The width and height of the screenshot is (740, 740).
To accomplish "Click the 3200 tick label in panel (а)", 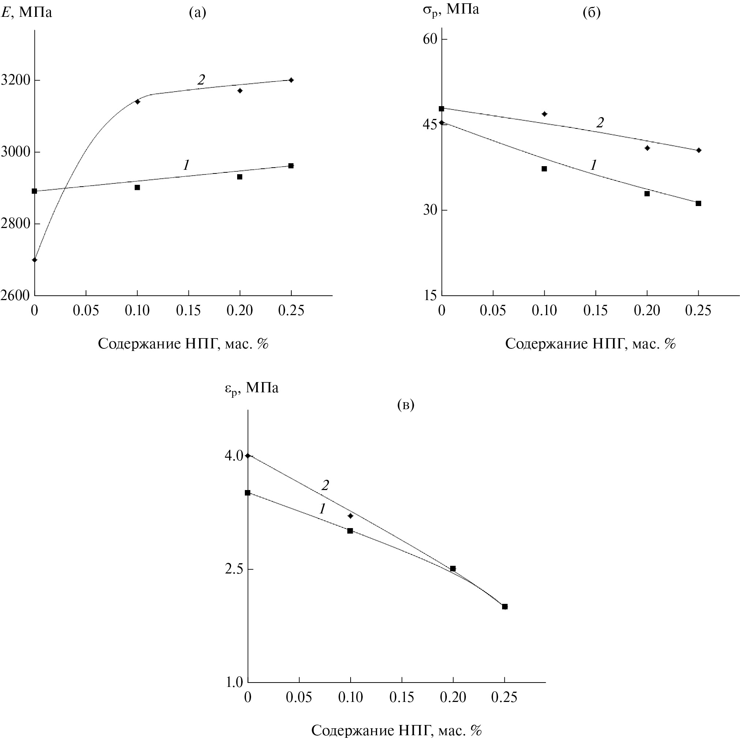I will [x=15, y=81].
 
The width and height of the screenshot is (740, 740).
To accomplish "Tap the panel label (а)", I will [x=198, y=13].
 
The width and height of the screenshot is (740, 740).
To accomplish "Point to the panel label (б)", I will [x=591, y=13].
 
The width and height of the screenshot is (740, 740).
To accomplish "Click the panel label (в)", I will [x=405, y=404].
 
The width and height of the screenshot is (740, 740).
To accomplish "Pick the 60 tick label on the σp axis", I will [x=430, y=39].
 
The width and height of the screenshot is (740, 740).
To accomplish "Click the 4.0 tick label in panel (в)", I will [x=234, y=456].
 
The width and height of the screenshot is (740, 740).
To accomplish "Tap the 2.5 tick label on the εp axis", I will [x=234, y=569].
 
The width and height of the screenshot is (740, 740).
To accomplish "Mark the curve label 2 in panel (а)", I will [x=201, y=80].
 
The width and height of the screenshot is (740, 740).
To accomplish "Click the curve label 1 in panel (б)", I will [x=593, y=165].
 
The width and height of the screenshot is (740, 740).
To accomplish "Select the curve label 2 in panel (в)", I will [x=325, y=485].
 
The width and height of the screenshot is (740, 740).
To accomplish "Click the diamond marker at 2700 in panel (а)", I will [x=34, y=260].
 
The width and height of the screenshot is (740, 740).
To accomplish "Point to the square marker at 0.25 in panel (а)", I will [x=291, y=166].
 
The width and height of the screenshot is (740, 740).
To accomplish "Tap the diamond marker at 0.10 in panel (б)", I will [x=545, y=114].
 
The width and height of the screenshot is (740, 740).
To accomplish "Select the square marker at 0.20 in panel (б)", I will [x=647, y=194].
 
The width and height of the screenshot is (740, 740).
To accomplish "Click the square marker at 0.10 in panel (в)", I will [x=350, y=531].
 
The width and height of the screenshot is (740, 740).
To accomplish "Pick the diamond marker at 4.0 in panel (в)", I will [x=248, y=456].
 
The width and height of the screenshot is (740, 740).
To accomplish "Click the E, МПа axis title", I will [x=26, y=13].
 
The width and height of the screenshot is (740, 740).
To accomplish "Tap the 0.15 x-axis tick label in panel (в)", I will [x=401, y=698].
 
